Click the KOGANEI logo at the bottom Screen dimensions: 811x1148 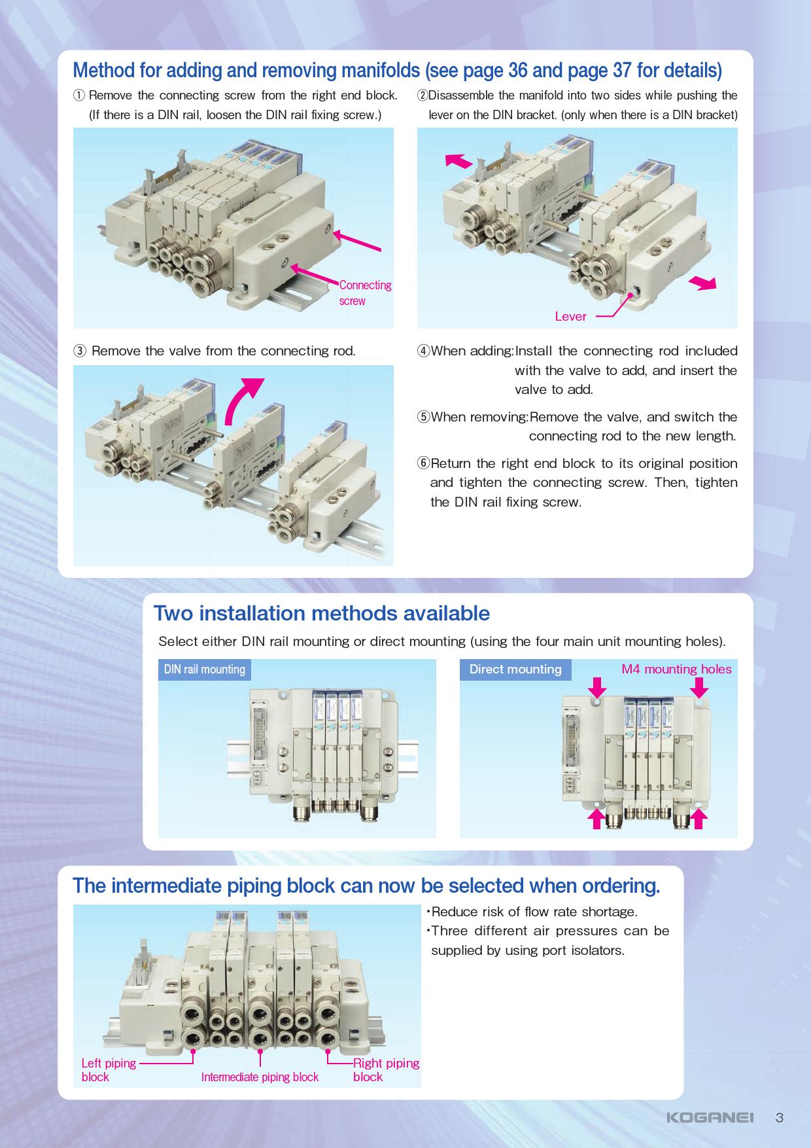(x=710, y=1117)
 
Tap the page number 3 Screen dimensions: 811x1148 (x=779, y=1117)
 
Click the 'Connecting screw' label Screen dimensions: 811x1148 (x=365, y=293)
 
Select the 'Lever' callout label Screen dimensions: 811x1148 (x=570, y=317)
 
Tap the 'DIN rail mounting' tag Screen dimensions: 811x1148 (x=205, y=669)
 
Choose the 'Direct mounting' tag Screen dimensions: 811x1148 (x=515, y=669)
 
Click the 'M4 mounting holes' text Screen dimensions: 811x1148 (x=676, y=669)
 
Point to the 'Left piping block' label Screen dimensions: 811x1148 (x=109, y=1069)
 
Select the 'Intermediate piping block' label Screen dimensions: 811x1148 (x=260, y=1077)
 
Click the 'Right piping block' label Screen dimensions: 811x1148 (x=386, y=1069)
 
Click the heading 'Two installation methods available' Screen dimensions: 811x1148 (x=322, y=613)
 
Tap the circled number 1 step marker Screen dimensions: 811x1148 (x=78, y=96)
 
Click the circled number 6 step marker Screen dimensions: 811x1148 (x=423, y=463)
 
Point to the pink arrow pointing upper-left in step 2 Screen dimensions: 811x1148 (x=458, y=160)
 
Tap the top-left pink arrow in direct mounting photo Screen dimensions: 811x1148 (x=597, y=687)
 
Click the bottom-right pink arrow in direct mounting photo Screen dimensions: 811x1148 (x=699, y=819)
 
